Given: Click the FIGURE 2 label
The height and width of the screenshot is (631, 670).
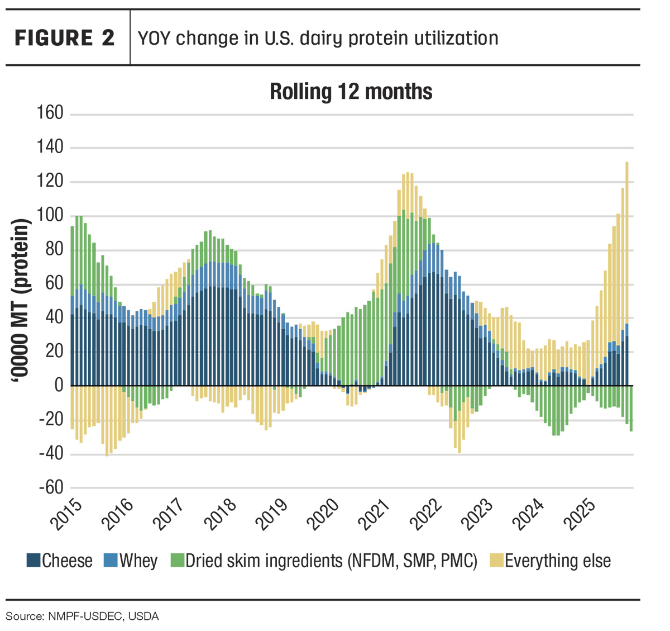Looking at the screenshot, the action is pos(64,37).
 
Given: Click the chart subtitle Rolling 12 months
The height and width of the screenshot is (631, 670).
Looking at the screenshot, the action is pos(351,92).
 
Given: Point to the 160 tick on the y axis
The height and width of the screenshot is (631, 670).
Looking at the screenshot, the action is pos(50,112).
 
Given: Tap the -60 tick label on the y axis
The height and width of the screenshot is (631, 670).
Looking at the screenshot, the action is pos(51,487).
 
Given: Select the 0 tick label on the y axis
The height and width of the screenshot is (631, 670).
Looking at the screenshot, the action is pos(59,385).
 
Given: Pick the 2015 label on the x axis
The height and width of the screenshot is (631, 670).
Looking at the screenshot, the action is pos(66,515).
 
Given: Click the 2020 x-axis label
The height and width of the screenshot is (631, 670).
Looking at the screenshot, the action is pos(323,515).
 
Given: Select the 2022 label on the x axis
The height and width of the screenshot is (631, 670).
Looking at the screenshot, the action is pos(425,515).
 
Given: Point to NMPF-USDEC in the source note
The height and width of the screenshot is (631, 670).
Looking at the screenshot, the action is pos(85,616).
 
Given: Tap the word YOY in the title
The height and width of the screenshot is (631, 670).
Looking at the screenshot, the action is pos(154,38).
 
